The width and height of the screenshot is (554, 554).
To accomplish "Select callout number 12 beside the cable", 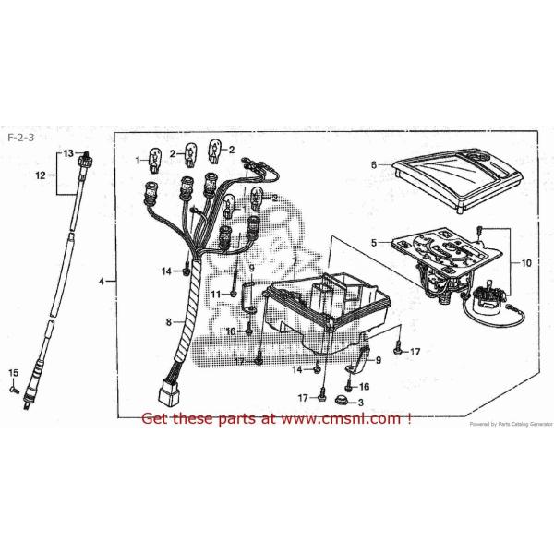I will (40, 174).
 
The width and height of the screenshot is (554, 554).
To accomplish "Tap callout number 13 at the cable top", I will (67, 151).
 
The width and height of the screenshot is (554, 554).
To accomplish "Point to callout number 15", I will (13, 373).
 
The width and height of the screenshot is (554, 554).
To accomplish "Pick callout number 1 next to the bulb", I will (139, 161).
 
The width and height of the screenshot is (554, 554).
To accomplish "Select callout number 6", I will (375, 164).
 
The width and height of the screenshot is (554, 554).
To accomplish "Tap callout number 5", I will (374, 243).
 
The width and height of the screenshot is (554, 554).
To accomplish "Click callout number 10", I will (526, 262).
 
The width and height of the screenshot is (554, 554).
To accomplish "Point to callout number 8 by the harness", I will (169, 322).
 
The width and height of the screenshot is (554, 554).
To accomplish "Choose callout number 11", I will (214, 294).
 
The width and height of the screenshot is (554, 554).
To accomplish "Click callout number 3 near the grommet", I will (361, 403).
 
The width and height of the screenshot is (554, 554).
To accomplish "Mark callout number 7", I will (294, 261).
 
